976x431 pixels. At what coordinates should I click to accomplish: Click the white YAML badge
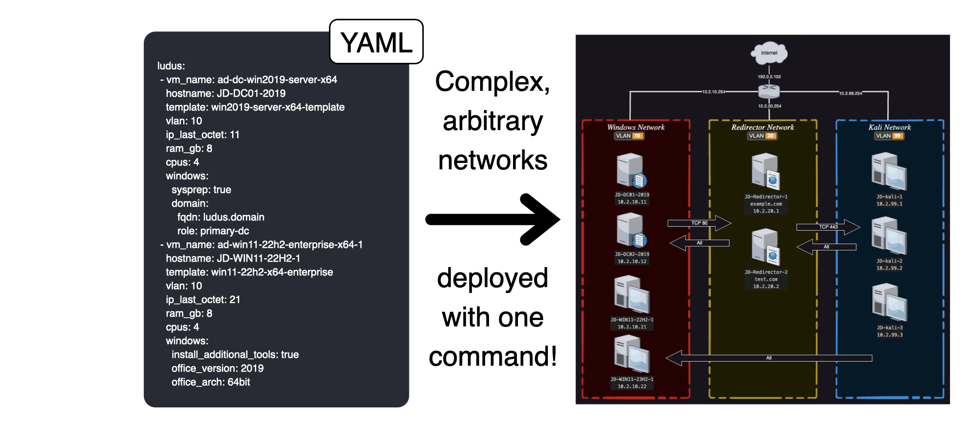[x=376, y=42]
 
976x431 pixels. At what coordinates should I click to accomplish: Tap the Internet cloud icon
[x=769, y=53]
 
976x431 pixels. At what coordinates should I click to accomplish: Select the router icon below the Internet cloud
[x=769, y=91]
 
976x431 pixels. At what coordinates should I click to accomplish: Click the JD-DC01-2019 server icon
[x=631, y=170]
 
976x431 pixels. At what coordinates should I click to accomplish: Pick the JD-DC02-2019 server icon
[x=631, y=230]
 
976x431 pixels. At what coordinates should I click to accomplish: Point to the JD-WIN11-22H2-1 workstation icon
[x=632, y=295]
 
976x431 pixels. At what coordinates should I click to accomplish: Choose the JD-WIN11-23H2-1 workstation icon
[x=632, y=354]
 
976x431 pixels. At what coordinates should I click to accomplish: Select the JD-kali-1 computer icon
[x=889, y=171]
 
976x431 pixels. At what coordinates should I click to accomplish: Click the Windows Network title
[x=636, y=127]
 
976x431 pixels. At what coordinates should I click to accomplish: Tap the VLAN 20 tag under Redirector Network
[x=762, y=136]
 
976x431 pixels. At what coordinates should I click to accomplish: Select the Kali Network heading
[x=890, y=127]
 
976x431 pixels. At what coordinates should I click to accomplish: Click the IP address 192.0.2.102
[x=769, y=77]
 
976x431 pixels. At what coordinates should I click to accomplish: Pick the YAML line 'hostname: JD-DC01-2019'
[x=225, y=93]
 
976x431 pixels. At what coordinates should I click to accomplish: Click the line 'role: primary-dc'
[x=213, y=231]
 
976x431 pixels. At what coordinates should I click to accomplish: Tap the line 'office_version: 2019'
[x=217, y=368]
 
